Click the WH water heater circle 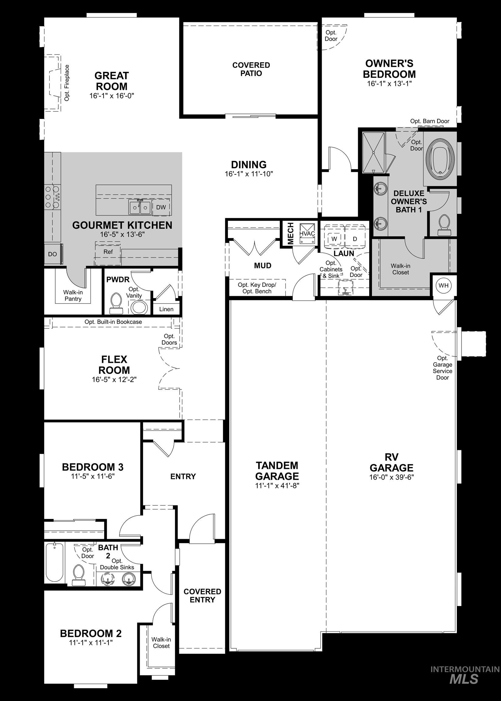443,285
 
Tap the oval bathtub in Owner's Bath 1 440,159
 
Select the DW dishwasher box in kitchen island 161,207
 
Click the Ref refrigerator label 108,252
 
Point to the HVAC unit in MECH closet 307,234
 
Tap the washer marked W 334,239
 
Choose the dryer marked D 355,239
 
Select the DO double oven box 53,254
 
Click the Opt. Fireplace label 67,82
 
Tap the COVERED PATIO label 251,69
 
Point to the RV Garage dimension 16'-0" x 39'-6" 391,477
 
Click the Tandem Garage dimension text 277,485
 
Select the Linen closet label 166,309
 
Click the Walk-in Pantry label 73,295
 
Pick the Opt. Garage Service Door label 442,368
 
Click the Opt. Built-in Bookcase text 113,322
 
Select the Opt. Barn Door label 429,121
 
